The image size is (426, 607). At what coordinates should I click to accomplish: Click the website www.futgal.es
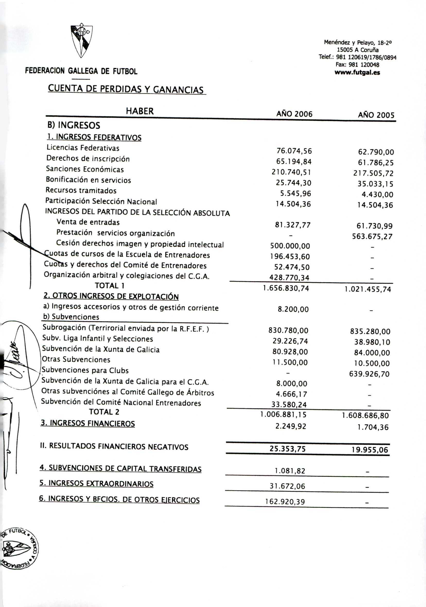pos(357,72)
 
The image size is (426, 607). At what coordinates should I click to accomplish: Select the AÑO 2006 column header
pos(294,114)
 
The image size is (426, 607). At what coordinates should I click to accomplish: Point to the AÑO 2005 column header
pos(376,115)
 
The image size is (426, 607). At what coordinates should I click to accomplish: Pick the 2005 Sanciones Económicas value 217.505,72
pos(373,173)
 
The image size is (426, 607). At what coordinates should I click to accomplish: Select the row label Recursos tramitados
pos(81,190)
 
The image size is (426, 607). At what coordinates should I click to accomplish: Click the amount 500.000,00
pos(290,246)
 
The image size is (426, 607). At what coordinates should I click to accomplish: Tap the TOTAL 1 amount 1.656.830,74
pos(286,288)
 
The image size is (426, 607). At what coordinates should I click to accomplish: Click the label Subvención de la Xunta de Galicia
pos(101,349)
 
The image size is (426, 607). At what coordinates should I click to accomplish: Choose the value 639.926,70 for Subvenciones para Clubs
pos(369,374)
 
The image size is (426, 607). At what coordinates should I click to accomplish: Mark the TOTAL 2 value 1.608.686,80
pos(366,415)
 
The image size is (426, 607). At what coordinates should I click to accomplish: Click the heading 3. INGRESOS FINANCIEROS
pos(88,423)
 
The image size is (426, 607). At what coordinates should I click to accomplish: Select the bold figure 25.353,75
pos(288,449)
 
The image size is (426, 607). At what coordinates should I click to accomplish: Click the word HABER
pos(140,111)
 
